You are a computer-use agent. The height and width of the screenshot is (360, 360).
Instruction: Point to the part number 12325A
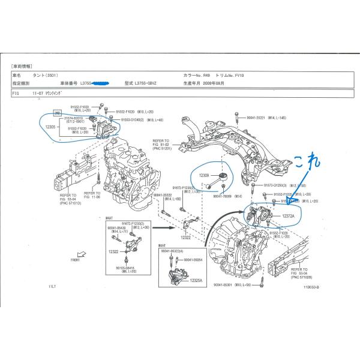(x=195, y=280)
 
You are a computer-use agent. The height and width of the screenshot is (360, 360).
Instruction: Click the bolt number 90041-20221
(x=260, y=119)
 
